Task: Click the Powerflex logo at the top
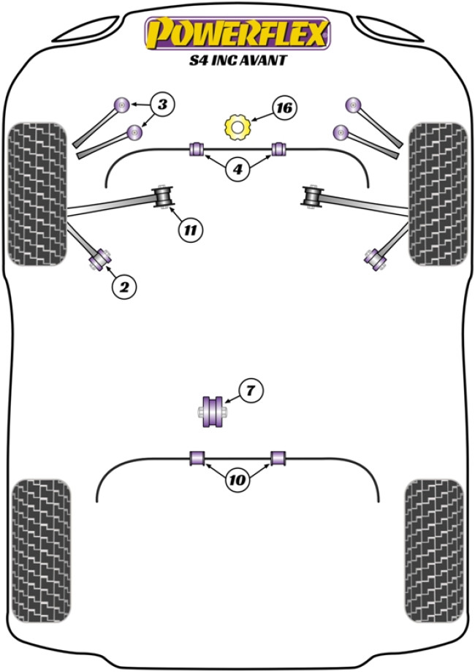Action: coord(237,34)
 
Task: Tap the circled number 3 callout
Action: coord(162,105)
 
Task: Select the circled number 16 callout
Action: coord(284,108)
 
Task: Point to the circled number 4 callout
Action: coord(237,171)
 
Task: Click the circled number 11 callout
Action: coord(189,230)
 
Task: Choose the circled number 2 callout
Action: coord(124,287)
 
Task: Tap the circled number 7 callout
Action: coord(250,391)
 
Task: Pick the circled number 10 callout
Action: coord(237,480)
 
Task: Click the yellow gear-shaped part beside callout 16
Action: coord(237,128)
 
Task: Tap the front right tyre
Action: coord(437,194)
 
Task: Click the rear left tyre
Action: coord(41,539)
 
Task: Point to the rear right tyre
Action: coord(434,539)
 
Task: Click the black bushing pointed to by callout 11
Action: coord(164,197)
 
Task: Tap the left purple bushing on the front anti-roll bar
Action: coord(197,148)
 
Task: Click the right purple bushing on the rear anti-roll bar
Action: coord(277,458)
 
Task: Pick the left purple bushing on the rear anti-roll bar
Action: coord(197,458)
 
